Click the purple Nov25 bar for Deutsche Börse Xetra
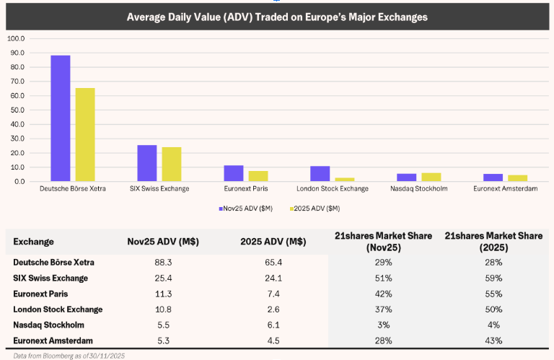[x=61, y=118]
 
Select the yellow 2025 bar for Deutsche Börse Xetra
[x=85, y=135]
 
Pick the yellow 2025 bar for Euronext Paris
[x=258, y=176]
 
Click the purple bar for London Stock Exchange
[x=320, y=174]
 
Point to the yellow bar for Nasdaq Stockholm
[x=431, y=177]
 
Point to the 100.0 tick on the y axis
[x=15, y=38]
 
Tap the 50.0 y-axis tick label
[x=15, y=110]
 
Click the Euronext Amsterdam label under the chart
[x=505, y=189]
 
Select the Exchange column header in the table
[x=33, y=242]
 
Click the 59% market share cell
[x=493, y=278]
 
